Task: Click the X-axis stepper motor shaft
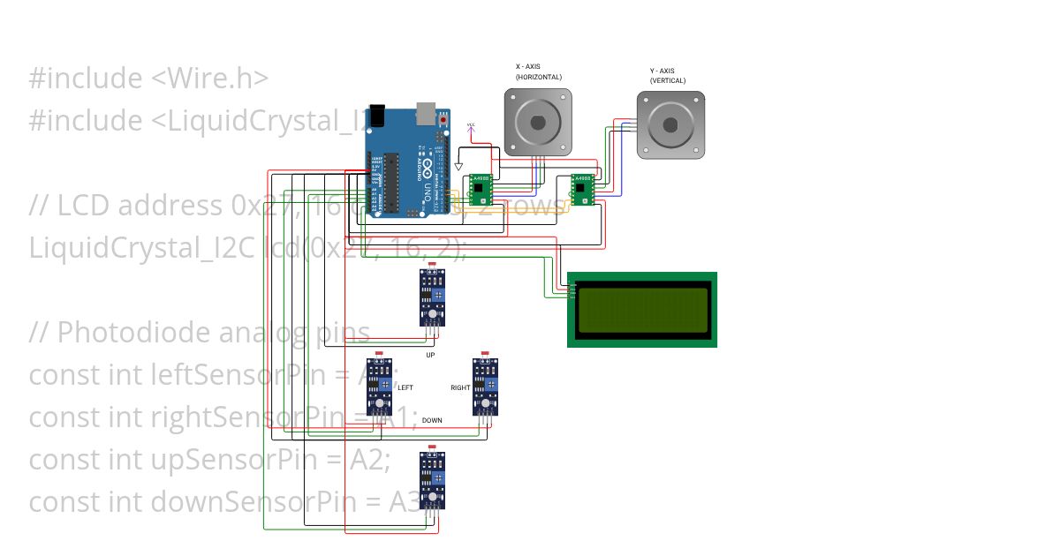[537, 124]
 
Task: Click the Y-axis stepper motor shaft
[670, 124]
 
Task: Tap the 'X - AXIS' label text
[533, 66]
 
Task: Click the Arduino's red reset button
[443, 118]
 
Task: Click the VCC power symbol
[470, 126]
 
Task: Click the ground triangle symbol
[458, 166]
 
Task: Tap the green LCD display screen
[642, 310]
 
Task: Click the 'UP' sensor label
[430, 355]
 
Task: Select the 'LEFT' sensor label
[405, 387]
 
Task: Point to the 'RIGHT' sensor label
[460, 387]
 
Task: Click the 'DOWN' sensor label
[432, 420]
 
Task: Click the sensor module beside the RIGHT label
[485, 386]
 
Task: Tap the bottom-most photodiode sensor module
[432, 479]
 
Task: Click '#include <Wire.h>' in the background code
[148, 79]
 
